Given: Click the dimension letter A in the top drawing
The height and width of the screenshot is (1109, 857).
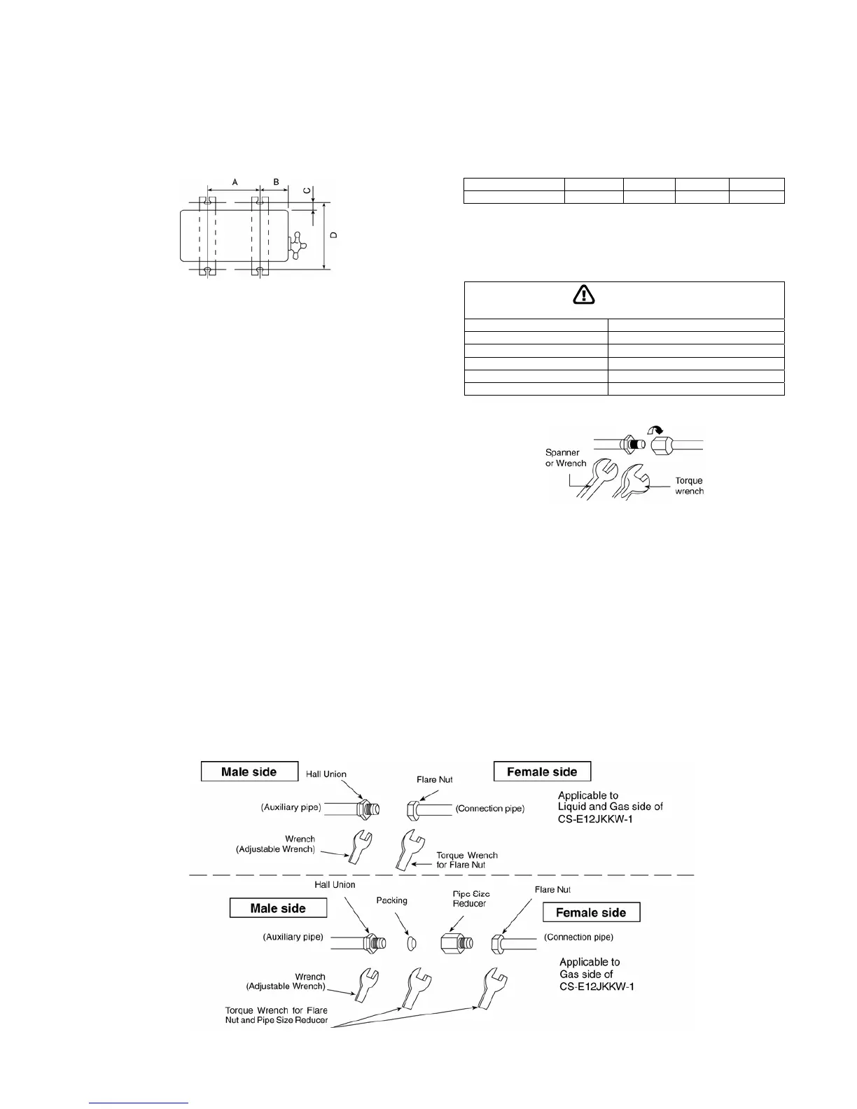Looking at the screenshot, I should (235, 181).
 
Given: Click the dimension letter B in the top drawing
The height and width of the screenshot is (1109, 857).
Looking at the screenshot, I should (277, 181).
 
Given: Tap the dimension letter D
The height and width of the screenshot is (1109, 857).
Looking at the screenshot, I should (334, 235).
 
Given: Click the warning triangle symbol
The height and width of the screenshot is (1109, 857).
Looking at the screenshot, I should (583, 295).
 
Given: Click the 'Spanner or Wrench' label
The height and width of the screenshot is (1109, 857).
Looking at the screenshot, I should (566, 458).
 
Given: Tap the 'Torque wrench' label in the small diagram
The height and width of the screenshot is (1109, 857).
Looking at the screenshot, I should (689, 486).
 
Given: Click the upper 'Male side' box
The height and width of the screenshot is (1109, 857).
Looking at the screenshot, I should (249, 772).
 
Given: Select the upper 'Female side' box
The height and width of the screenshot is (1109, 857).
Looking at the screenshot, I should (542, 772).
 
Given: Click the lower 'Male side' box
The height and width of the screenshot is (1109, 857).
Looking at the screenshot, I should (278, 908).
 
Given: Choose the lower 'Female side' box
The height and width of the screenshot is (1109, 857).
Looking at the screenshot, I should (591, 912).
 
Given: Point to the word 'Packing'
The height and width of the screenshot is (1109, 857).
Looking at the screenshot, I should (391, 900).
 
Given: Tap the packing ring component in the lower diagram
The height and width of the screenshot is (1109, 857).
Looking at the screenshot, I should (412, 944).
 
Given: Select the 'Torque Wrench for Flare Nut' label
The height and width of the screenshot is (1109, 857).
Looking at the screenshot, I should (467, 860).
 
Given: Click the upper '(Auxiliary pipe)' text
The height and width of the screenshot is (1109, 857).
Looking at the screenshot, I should (291, 808).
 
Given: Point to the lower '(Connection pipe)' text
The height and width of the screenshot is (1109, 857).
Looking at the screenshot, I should (578, 937).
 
